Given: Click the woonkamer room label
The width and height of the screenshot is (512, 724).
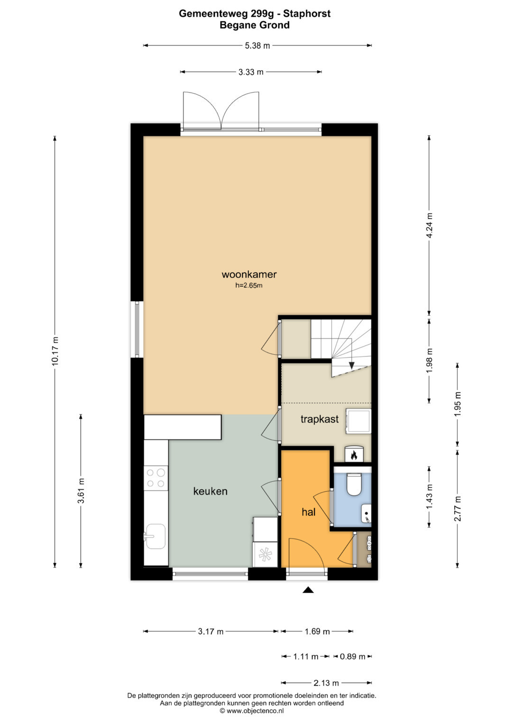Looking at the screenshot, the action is pos(249,275).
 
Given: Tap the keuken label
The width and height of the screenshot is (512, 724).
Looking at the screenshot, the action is pos(210,491).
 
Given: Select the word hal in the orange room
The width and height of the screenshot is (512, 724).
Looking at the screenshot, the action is pos(308,512).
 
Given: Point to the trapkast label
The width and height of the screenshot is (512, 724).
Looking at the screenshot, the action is pos(320,419).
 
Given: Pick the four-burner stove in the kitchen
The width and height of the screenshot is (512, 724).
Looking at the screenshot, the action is pos(156,478).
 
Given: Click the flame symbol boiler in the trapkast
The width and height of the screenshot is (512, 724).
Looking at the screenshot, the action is pos(355,454).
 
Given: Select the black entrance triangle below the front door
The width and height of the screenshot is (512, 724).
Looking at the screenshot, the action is pos(308,590).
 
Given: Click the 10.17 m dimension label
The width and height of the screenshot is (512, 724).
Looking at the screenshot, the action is pos(55,351).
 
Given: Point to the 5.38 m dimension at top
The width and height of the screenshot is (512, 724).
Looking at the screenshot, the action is pos(257,46).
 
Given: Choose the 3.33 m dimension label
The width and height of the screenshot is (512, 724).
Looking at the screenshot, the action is pos(251,72).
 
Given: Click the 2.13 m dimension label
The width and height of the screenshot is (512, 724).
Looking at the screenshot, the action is pos(326,683).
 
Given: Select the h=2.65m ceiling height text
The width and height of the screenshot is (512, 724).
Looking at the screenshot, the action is pos(248,285).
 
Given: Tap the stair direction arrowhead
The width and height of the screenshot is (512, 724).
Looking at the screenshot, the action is pos(352,366).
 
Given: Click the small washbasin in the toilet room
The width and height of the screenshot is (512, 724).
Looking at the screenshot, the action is pos(366,513).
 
